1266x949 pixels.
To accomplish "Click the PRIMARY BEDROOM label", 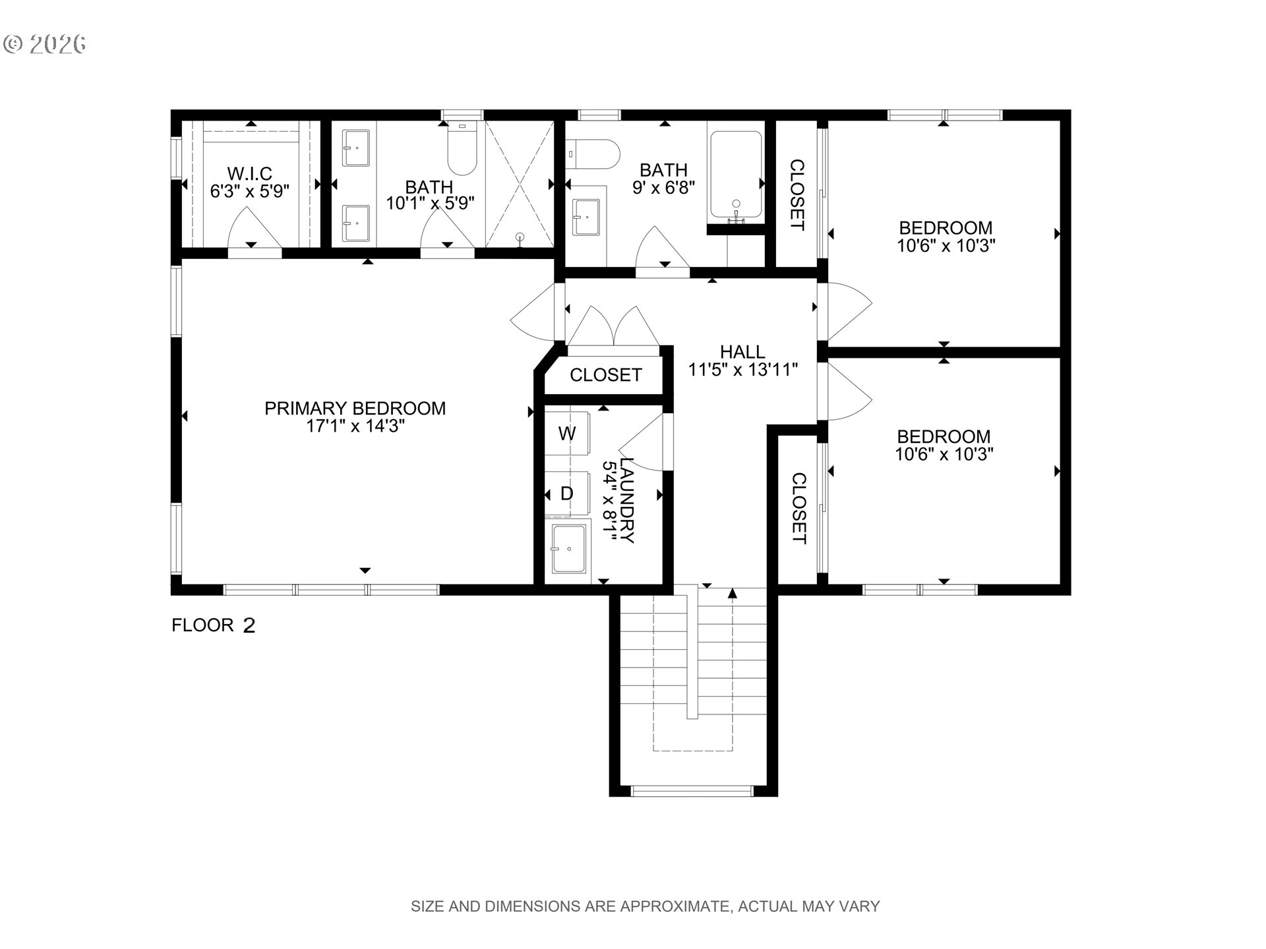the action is click(x=355, y=409).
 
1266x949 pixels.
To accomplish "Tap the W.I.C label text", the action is click(x=250, y=173).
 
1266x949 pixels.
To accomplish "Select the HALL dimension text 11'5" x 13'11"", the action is click(x=743, y=370).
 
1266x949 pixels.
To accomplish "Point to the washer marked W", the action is click(x=567, y=434).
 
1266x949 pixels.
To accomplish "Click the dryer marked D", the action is click(x=567, y=493).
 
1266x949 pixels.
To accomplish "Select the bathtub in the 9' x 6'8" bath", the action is click(x=736, y=175).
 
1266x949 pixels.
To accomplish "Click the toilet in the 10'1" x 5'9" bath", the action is click(x=462, y=148).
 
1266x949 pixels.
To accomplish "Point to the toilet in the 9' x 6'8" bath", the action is click(x=593, y=154).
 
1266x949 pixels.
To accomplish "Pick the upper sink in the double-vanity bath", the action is click(x=356, y=148).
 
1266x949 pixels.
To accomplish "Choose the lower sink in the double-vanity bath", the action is click(x=356, y=223).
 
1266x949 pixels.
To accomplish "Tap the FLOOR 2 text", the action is click(x=213, y=625).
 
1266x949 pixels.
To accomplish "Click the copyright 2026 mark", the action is click(x=45, y=44).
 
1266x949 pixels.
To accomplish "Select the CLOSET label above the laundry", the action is click(x=606, y=375).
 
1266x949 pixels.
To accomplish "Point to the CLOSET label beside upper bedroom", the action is click(x=797, y=195).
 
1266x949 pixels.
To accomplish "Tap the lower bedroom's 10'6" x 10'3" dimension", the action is click(x=944, y=454).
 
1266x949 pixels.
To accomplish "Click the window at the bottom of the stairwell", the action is click(x=692, y=790).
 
